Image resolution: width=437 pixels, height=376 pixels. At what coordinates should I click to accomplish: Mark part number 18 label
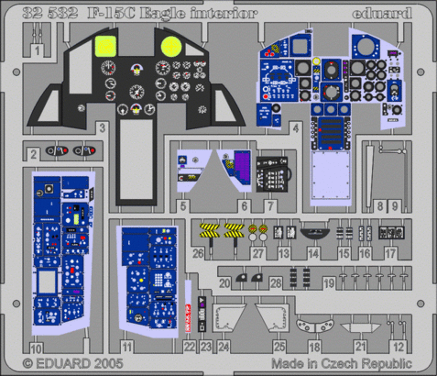[x=314, y=348]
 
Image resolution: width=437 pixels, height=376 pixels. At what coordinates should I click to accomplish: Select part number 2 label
[x=33, y=153]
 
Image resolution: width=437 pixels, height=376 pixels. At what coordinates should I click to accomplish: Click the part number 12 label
[x=398, y=348]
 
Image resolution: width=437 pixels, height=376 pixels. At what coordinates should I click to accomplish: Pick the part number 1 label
[x=37, y=50]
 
